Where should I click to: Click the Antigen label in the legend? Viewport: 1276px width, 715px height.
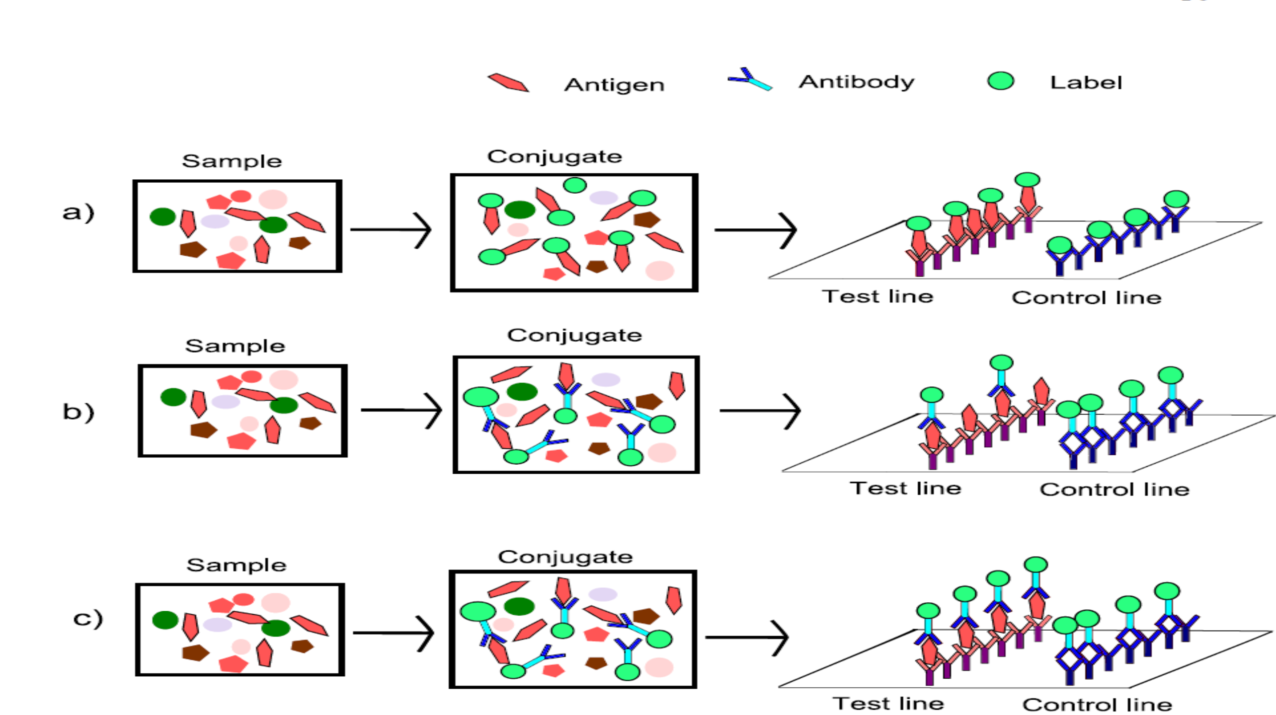click(614, 85)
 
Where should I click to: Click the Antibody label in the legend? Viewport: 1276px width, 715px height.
click(857, 82)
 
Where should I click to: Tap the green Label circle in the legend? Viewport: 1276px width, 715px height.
click(1000, 80)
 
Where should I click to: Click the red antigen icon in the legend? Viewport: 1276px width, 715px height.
click(508, 83)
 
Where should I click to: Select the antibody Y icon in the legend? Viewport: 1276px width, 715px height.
click(750, 80)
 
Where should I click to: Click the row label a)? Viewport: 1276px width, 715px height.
click(79, 213)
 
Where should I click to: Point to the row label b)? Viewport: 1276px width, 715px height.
click(79, 412)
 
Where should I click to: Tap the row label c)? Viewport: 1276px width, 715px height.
click(88, 619)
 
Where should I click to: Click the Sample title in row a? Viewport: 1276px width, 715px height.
click(232, 162)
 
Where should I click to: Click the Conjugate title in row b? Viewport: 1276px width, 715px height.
click(574, 336)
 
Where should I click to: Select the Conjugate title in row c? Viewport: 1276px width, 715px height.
click(565, 558)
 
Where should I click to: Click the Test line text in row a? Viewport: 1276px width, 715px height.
click(878, 296)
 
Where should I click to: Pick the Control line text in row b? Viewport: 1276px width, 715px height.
click(1115, 490)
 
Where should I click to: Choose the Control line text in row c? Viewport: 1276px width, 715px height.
click(1097, 705)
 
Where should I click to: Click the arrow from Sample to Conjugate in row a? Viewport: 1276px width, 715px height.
click(391, 230)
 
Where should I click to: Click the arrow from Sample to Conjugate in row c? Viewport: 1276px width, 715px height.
click(394, 634)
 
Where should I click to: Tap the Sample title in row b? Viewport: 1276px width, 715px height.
click(236, 347)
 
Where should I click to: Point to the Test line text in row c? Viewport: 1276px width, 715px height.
click(889, 704)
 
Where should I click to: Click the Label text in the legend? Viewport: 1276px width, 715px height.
click(1086, 83)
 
